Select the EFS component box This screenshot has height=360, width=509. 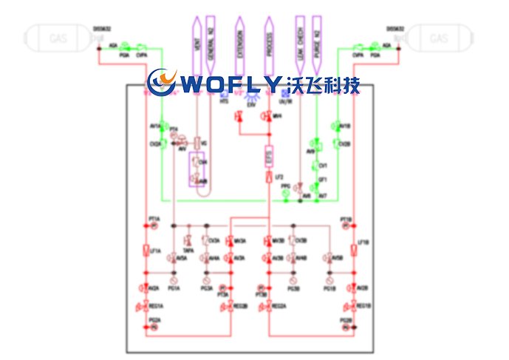coord(270,157)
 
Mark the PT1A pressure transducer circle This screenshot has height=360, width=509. coord(154,226)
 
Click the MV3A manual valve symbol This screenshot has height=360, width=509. coord(229,242)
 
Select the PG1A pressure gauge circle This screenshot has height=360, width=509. coord(174,282)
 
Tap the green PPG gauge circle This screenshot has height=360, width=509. coord(286,194)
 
